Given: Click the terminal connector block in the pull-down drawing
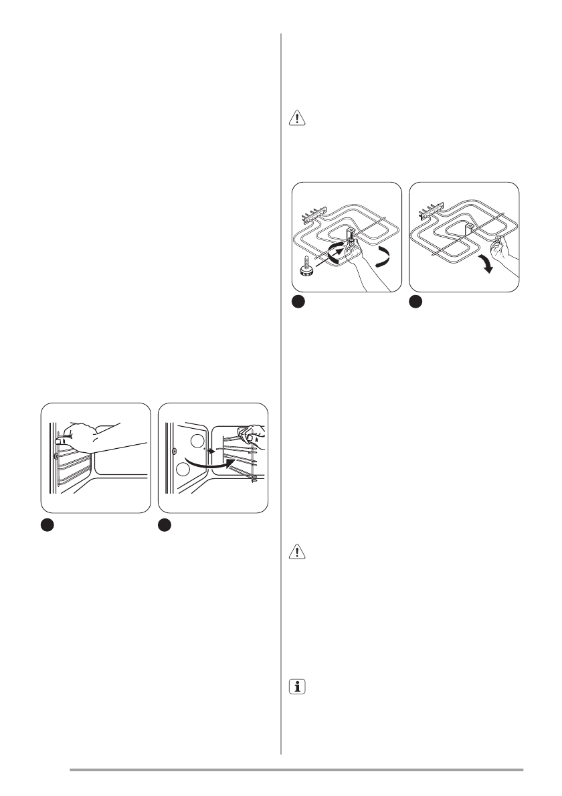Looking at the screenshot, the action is pos(430,215).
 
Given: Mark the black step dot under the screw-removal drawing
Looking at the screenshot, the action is pos(298,303).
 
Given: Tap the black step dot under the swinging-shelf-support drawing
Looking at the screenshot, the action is pos(165,525).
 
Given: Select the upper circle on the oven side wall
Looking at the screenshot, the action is pos(195,441).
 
